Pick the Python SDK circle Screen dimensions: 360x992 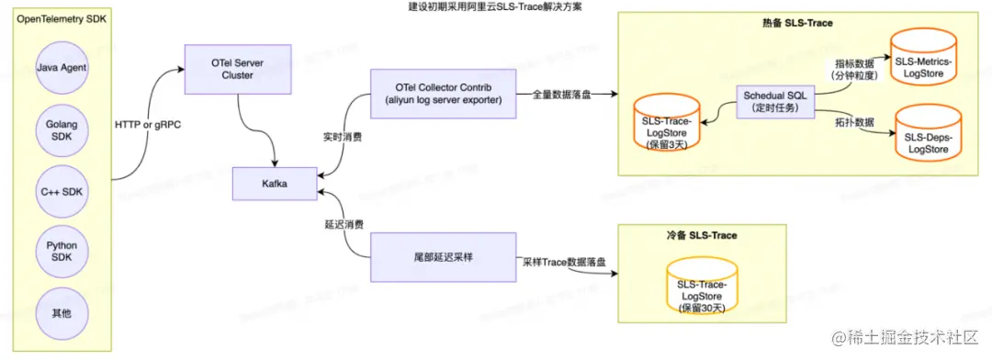(61, 251)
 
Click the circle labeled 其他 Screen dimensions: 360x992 (60, 311)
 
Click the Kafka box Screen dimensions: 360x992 (276, 184)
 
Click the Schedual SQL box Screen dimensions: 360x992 (775, 102)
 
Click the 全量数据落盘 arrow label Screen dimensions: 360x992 (563, 95)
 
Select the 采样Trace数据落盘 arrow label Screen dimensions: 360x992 (564, 261)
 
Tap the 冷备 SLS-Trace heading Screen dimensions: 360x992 (702, 235)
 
